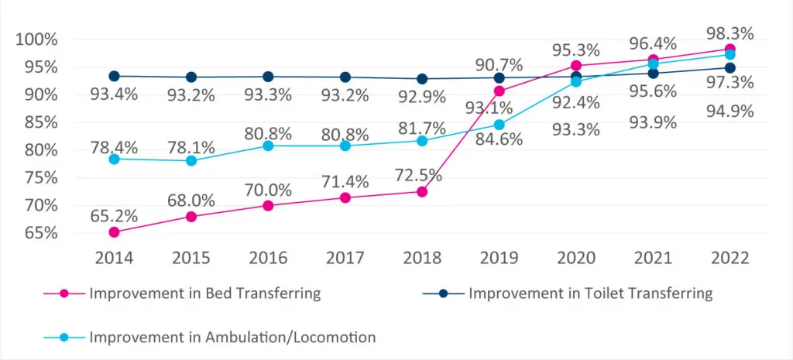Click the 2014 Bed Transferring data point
(x=114, y=232)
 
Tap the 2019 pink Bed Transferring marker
(x=499, y=91)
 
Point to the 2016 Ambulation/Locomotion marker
(x=268, y=146)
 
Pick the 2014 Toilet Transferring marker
(x=114, y=76)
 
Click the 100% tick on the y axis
(x=36, y=39)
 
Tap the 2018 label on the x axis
(x=422, y=259)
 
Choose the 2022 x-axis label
(x=729, y=259)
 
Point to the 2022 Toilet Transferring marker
(x=729, y=68)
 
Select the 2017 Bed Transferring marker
(x=345, y=198)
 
